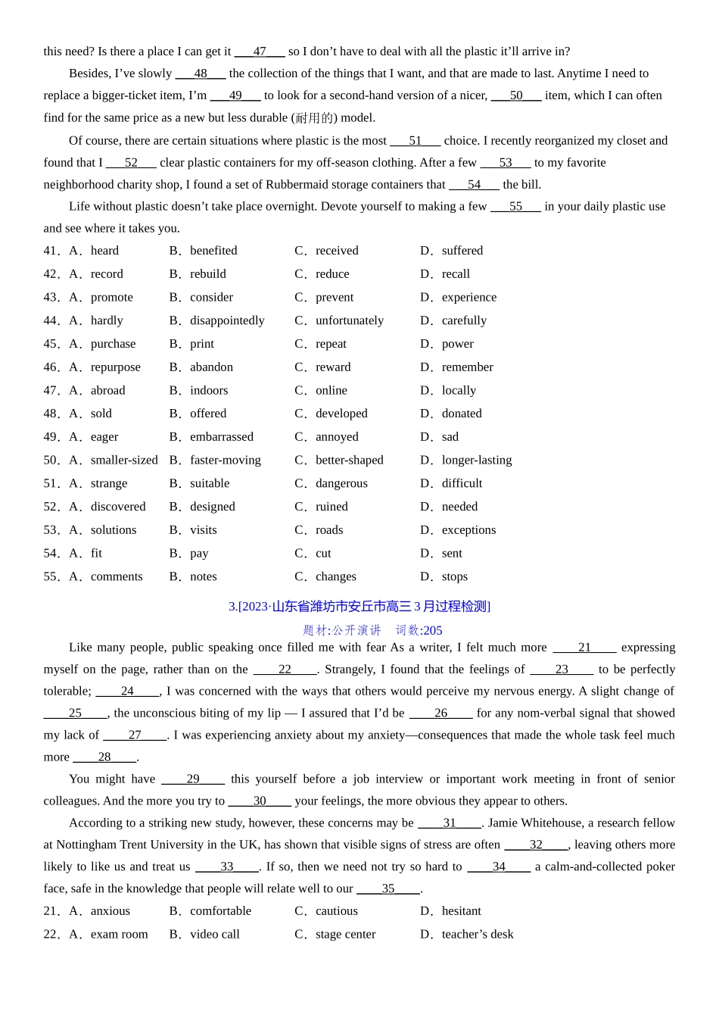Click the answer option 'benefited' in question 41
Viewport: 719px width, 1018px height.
[x=213, y=251]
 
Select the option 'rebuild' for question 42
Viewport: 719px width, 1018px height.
[x=208, y=274]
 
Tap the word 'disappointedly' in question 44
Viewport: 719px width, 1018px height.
[x=227, y=320]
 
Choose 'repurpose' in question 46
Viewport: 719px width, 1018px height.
[x=116, y=367]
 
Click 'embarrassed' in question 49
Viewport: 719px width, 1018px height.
[x=222, y=437]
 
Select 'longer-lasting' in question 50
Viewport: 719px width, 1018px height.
[x=477, y=461]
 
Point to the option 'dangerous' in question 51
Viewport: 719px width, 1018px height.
[x=341, y=483]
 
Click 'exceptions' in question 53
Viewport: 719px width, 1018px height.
[x=468, y=530]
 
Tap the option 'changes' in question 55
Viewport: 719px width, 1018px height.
[x=336, y=576]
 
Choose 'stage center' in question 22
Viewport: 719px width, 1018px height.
[x=345, y=935]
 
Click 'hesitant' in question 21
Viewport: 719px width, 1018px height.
[x=461, y=911]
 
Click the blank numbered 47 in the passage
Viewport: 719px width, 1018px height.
[x=260, y=52]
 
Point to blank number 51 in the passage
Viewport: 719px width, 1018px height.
[x=415, y=141]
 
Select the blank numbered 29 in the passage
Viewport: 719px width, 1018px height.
[x=193, y=779]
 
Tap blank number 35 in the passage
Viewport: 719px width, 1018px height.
[x=388, y=889]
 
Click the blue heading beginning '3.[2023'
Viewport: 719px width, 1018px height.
[x=359, y=607]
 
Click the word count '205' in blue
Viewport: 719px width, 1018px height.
[x=433, y=631]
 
